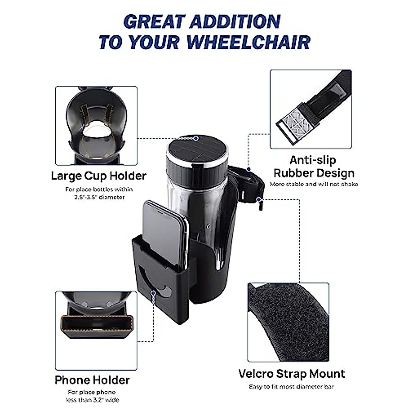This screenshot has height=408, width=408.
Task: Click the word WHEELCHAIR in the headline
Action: pos(248,42)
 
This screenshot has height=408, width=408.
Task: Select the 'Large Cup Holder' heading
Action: pos(99,176)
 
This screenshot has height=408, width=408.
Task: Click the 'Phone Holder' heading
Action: pos(92,380)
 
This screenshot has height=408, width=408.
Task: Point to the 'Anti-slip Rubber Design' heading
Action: pos(314,167)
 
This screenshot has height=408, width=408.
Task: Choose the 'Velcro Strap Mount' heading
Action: pos(291,373)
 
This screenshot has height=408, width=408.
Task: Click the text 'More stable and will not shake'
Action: pos(314,184)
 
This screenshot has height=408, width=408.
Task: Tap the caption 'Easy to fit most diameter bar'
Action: pos(291,387)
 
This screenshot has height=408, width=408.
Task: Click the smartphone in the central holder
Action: pos(165,231)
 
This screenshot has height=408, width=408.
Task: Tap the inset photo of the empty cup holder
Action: pos(96,125)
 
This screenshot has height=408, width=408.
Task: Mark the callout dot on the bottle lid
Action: pos(196,138)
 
